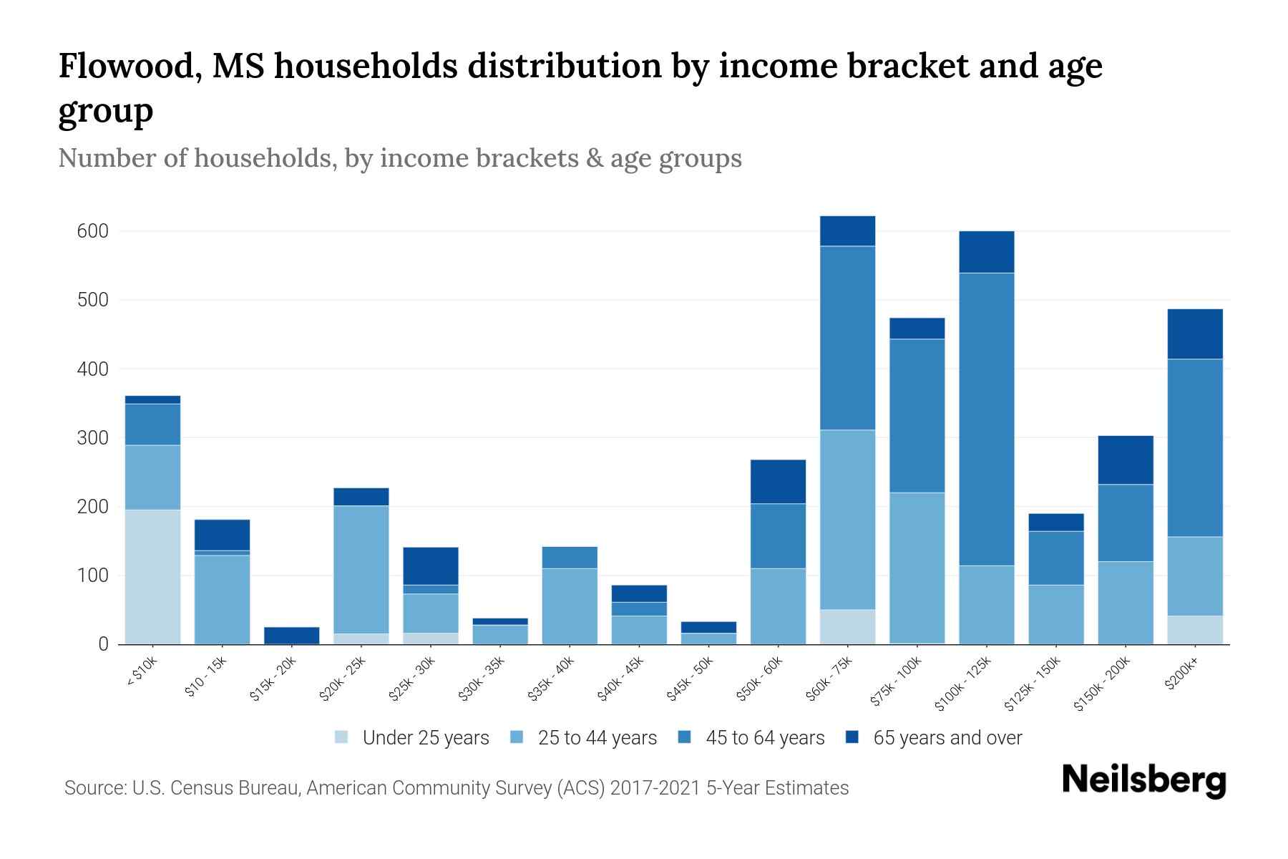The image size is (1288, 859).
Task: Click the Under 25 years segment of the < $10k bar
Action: click(152, 576)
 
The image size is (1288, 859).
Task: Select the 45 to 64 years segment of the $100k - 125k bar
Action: click(986, 419)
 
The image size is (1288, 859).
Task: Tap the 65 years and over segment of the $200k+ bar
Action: click(1194, 334)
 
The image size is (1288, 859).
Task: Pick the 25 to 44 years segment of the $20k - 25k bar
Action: click(361, 569)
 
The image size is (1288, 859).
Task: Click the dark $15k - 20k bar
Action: click(291, 635)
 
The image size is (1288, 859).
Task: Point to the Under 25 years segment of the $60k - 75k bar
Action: click(847, 626)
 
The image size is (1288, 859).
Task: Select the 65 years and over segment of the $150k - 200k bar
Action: click(1125, 460)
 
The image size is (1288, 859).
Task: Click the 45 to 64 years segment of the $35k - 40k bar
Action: click(570, 557)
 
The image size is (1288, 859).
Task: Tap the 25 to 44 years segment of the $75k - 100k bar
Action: click(917, 567)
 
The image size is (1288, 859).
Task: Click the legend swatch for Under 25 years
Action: click(342, 737)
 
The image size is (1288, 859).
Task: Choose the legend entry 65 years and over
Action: click(947, 737)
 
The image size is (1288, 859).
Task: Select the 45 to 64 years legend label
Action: click(764, 737)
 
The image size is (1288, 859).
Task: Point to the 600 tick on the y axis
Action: click(93, 231)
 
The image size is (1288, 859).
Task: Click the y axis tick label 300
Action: click(93, 438)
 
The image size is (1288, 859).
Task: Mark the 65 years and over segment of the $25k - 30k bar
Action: click(430, 566)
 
